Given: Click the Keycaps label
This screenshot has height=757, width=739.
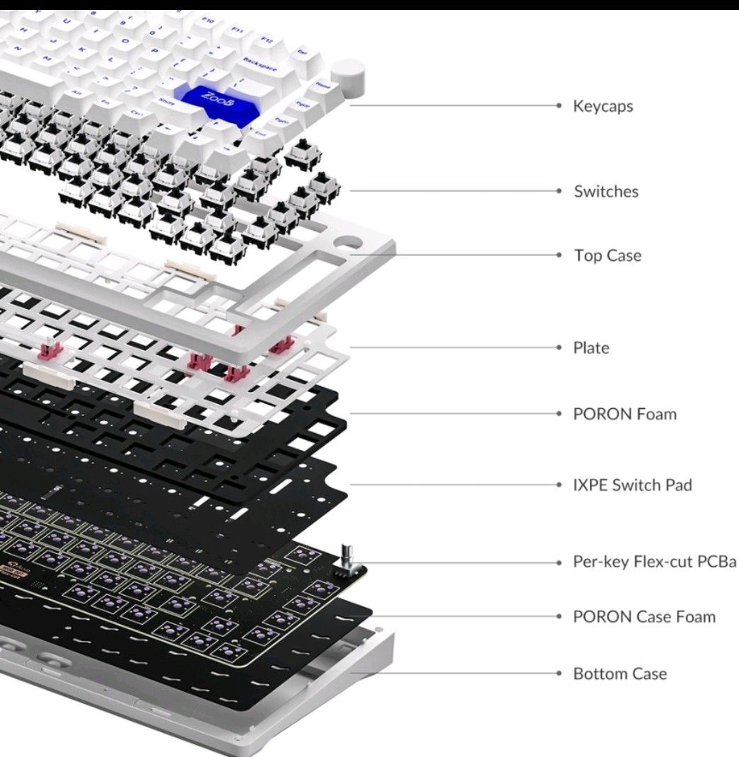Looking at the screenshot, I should click(x=603, y=107).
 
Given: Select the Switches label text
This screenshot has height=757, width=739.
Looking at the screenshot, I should click(x=606, y=191).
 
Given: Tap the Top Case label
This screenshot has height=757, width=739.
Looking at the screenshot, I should click(x=607, y=255).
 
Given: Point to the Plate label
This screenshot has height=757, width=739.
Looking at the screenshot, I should click(x=591, y=348).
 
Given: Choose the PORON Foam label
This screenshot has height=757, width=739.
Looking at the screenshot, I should click(x=624, y=414).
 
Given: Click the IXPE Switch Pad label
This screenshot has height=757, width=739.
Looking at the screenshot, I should click(x=632, y=485).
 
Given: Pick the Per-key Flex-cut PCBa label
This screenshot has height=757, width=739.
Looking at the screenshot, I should click(x=655, y=562).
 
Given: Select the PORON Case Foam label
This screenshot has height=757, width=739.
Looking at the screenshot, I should click(x=644, y=617).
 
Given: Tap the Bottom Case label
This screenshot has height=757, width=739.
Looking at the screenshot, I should click(x=620, y=674).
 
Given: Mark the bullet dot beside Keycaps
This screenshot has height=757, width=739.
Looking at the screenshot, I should click(x=559, y=107).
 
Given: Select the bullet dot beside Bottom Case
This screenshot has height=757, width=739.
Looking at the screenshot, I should click(x=559, y=674).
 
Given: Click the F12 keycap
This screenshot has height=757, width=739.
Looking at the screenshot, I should click(x=268, y=39).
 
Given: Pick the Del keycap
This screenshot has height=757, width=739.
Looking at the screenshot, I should click(x=302, y=51).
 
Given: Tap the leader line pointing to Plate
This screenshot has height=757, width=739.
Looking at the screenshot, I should click(x=453, y=347).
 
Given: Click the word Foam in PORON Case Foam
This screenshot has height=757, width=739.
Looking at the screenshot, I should click(x=697, y=617).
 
